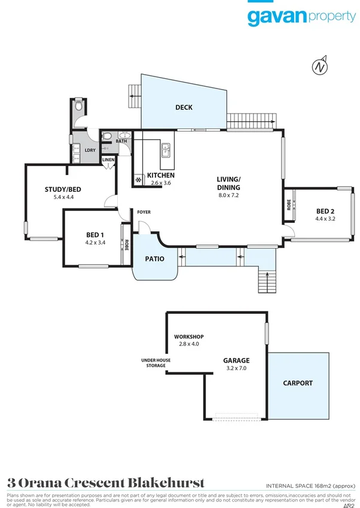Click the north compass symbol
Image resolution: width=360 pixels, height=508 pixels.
click(322, 67)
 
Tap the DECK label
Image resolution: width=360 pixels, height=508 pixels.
click(184, 108)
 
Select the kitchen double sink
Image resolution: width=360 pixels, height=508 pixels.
click(166, 150)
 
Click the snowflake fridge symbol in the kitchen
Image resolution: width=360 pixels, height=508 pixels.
click(138, 179)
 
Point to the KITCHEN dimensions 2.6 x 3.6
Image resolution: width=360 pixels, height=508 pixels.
click(161, 183)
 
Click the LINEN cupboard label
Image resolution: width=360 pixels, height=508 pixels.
click(108, 160)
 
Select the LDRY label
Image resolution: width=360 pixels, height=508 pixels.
click(90, 151)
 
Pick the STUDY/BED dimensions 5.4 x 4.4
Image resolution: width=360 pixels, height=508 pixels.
click(63, 197)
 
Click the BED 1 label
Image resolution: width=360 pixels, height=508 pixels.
click(95, 235)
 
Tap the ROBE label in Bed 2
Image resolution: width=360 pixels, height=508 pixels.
click(288, 206)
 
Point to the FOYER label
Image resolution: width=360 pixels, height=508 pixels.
click(144, 212)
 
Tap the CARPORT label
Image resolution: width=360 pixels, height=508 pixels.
click(297, 383)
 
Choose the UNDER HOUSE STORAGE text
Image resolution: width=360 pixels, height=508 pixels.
click(152, 363)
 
